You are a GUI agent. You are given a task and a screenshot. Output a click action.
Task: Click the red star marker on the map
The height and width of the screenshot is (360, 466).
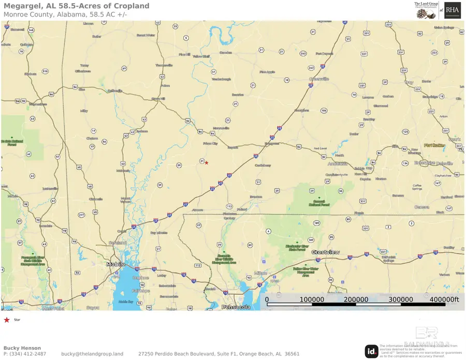pyautogui.click(x=207, y=163)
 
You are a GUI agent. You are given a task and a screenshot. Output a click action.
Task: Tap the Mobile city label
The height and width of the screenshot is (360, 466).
pyautogui.click(x=116, y=264)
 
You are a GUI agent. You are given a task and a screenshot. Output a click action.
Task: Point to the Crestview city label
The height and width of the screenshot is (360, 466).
pyautogui.click(x=326, y=252)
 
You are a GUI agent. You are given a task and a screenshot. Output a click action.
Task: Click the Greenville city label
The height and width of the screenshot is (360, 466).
pyautogui.click(x=319, y=79)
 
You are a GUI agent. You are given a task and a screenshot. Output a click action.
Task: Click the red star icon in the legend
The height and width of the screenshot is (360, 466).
pyautogui.click(x=7, y=320)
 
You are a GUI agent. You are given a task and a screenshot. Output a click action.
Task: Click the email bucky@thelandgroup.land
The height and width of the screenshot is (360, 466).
pyautogui.click(x=92, y=354)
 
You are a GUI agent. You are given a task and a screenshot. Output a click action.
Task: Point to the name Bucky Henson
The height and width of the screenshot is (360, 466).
pyautogui.click(x=22, y=348)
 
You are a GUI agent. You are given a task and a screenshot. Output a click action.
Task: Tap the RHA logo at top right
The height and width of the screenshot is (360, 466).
pyautogui.click(x=453, y=10)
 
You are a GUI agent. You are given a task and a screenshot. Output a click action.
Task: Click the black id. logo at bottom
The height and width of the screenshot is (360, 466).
pyautogui.click(x=371, y=351)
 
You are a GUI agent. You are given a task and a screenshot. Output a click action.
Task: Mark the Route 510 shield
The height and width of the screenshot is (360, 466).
pyautogui.click(x=45, y=71)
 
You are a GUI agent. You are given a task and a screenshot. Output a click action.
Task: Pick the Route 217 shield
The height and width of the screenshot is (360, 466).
pyautogui.click(x=81, y=215)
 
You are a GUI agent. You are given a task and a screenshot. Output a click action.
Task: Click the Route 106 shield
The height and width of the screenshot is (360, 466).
pyautogui.click(x=324, y=110)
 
